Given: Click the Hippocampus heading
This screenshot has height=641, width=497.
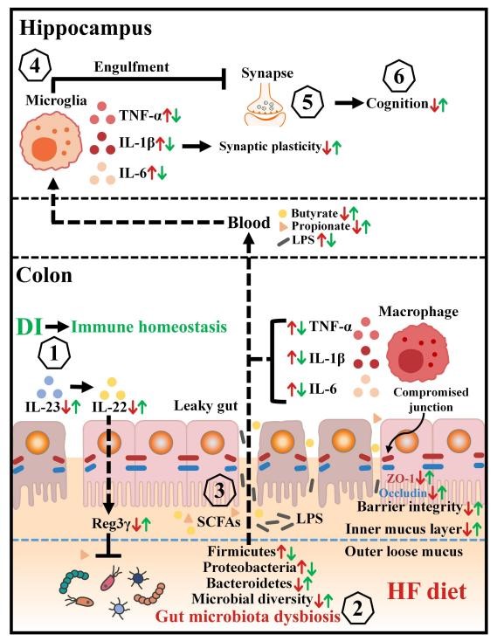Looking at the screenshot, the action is point(86,29).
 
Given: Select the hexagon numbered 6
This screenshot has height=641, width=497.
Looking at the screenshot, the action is point(399,77).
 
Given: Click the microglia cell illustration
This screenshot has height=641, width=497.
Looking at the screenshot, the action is point(51,144).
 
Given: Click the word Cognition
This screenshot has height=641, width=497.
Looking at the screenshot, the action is point(397,103).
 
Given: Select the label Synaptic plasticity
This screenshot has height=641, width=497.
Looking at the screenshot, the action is point(270,147).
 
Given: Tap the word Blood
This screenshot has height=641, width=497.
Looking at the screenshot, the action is point(249,223).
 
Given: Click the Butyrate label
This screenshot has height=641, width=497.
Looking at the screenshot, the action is point(314,213).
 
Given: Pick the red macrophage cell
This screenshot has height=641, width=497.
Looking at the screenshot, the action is point(418,355).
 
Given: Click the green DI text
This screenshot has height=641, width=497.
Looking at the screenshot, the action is point(29,327).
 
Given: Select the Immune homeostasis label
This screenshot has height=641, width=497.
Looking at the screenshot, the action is point(149,327).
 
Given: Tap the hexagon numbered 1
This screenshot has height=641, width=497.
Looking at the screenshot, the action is point(53,355).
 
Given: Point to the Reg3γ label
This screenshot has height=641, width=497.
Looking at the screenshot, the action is point(111,523).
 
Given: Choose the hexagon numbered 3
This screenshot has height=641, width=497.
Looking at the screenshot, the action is point(220,490).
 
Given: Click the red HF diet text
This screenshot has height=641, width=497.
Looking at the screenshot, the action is point(427,591).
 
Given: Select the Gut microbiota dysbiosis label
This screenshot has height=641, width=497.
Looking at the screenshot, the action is point(248,616).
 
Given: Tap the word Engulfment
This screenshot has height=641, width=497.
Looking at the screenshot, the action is point(132,66).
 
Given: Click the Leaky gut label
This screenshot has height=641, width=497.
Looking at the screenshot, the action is point(206,406).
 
